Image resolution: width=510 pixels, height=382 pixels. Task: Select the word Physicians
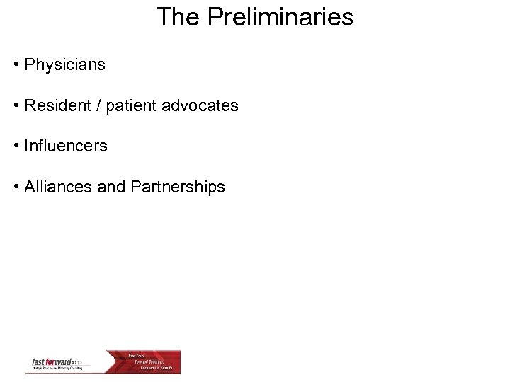click(64, 65)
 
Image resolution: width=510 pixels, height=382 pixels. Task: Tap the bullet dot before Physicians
click(16, 65)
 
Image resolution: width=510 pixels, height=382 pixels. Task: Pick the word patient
click(131, 106)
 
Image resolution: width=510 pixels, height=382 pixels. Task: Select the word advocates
click(200, 106)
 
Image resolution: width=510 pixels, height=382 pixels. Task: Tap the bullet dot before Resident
click(16, 106)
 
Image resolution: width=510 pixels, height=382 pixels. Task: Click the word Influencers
click(66, 146)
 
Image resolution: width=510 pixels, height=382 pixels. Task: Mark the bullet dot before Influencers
click(16, 146)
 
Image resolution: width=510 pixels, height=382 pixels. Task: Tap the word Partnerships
click(178, 187)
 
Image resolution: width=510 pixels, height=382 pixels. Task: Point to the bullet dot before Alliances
click(16, 187)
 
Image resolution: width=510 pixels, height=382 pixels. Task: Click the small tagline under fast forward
click(58, 369)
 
